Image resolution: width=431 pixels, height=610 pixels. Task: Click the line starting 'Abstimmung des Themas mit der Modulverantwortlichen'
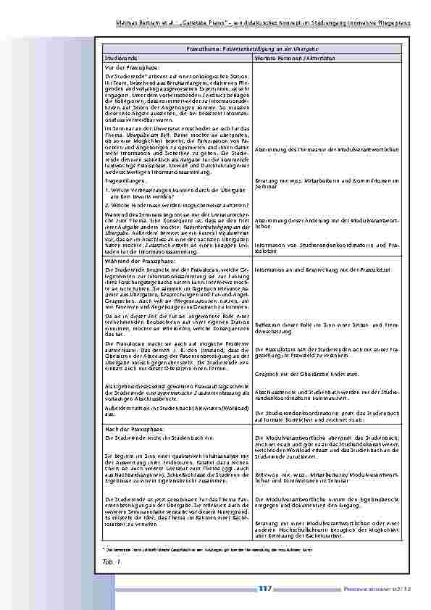pos(328,149)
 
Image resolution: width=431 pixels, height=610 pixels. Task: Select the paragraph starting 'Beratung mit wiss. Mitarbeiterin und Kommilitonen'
pos(328,183)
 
